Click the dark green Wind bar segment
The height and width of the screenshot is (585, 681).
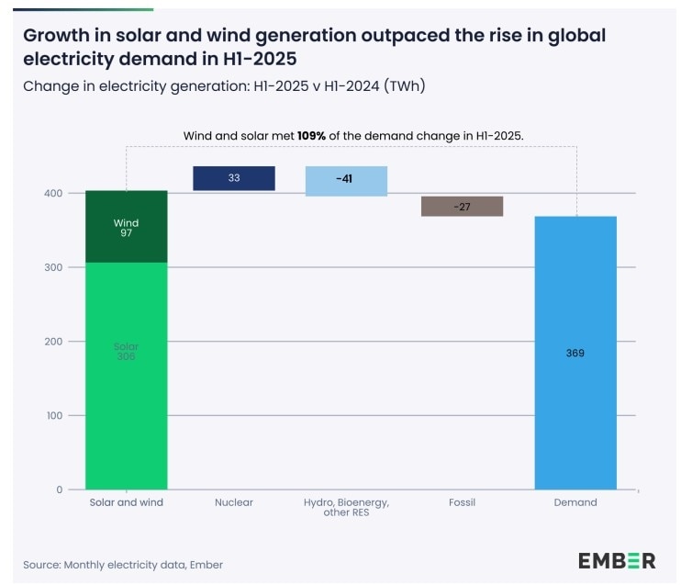tap(126, 227)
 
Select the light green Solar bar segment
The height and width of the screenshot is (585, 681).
tap(126, 377)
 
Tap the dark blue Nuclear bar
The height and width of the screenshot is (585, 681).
tap(234, 178)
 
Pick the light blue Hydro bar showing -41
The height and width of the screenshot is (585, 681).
tap(346, 181)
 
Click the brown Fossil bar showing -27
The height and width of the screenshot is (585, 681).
tap(462, 207)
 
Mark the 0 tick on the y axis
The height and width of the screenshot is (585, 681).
tap(59, 490)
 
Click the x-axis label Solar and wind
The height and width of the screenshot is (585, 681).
tap(126, 502)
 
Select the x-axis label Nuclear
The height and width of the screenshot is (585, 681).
tap(234, 502)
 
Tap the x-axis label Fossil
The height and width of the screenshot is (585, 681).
tap(462, 502)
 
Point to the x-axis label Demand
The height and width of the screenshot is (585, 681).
tap(575, 502)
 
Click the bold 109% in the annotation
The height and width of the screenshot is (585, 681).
tap(311, 136)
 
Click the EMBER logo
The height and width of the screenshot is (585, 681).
tap(616, 560)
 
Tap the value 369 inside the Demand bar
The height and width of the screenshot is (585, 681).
tap(575, 353)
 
